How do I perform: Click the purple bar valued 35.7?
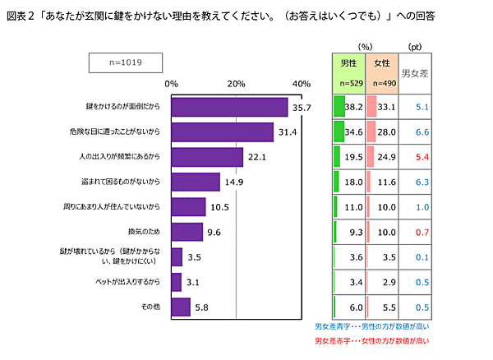tap(229, 107)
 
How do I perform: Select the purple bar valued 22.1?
tap(207, 157)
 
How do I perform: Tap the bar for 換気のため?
tap(187, 233)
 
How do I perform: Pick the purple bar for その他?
tap(181, 307)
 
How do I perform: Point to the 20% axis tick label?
tap(237, 84)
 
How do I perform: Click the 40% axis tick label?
tap(301, 84)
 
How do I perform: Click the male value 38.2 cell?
tap(349, 107)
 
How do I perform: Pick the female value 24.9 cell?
tap(381, 157)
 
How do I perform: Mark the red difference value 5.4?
tap(419, 157)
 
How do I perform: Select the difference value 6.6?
tap(419, 132)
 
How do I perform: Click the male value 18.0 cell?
tap(349, 182)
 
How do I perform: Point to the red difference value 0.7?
tap(419, 233)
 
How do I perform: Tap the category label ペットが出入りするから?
tap(122, 282)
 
